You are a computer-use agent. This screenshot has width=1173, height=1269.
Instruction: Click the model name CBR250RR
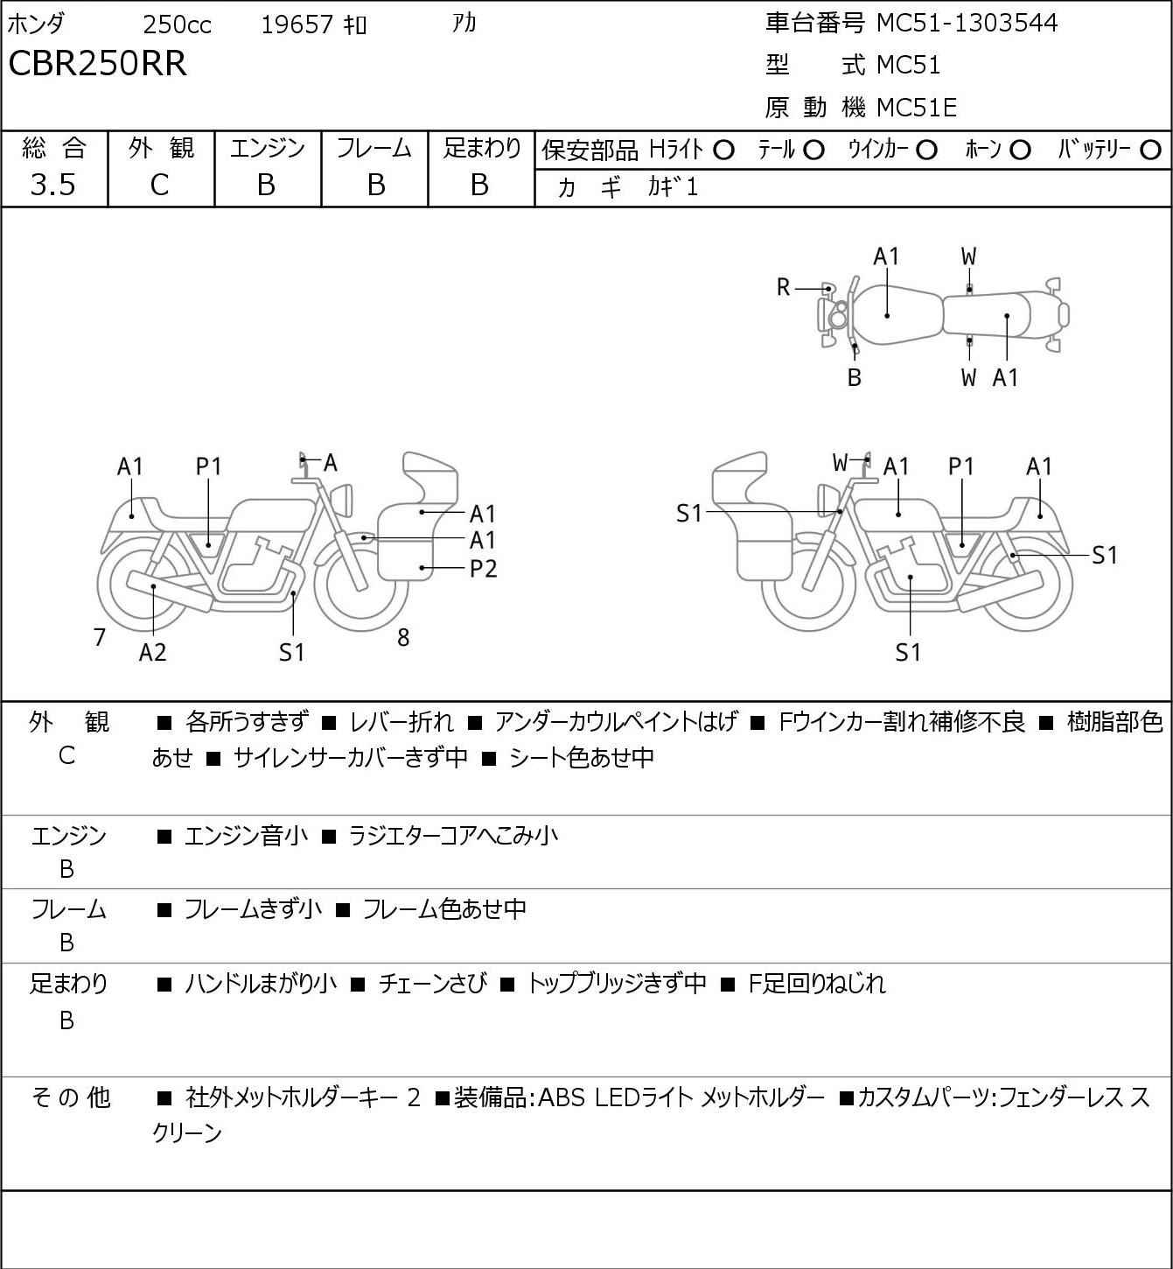[x=97, y=63]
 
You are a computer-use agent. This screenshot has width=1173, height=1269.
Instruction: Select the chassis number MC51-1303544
[x=967, y=23]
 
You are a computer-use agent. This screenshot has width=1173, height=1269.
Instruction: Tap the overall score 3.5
[x=53, y=185]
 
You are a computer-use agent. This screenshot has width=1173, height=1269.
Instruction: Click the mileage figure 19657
[x=297, y=25]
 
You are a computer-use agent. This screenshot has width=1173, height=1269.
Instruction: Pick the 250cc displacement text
[x=177, y=25]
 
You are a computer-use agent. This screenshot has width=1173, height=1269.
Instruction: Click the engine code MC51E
[x=917, y=108]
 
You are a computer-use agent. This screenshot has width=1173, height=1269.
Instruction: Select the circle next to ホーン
[x=1020, y=151]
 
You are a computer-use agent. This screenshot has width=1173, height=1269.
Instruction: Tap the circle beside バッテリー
[x=1150, y=151]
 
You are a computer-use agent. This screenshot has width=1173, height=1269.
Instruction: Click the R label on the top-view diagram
[x=783, y=288]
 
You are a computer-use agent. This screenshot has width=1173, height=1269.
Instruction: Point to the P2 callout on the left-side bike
[x=483, y=568]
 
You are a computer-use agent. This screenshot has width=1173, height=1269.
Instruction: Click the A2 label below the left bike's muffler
[x=153, y=652]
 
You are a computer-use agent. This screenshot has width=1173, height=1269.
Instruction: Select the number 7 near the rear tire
[x=99, y=637]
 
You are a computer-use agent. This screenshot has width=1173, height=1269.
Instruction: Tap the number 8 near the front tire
[x=403, y=637]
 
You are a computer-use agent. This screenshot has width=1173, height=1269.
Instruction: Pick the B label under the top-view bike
[x=855, y=377]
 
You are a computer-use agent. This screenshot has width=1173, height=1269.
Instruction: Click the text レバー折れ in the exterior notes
[x=401, y=722]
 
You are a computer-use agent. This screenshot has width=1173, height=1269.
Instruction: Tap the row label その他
[x=71, y=1097]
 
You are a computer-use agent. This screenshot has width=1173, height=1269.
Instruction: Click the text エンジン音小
[x=246, y=836]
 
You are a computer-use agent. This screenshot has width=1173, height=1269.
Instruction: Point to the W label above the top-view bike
[x=968, y=257]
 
